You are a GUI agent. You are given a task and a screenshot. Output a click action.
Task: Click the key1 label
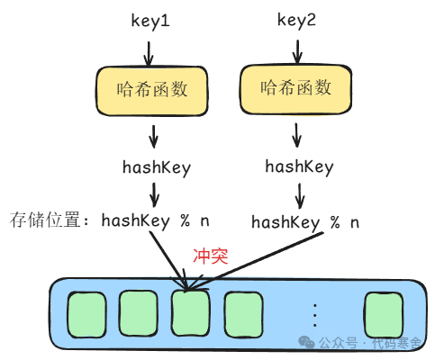[x=152, y=18]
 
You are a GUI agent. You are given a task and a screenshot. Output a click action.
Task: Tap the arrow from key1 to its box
[x=153, y=46]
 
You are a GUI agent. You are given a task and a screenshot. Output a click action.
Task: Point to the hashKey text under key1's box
[x=156, y=166]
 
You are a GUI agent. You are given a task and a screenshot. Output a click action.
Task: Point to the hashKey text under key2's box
[x=299, y=166]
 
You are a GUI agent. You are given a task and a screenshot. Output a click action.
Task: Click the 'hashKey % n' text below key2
[x=304, y=221]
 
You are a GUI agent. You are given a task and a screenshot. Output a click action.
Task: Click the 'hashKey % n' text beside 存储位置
[x=155, y=220]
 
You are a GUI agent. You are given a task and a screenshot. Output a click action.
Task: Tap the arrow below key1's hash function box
[x=153, y=136]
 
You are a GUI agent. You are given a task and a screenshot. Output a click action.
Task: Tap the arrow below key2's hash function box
[x=298, y=136]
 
